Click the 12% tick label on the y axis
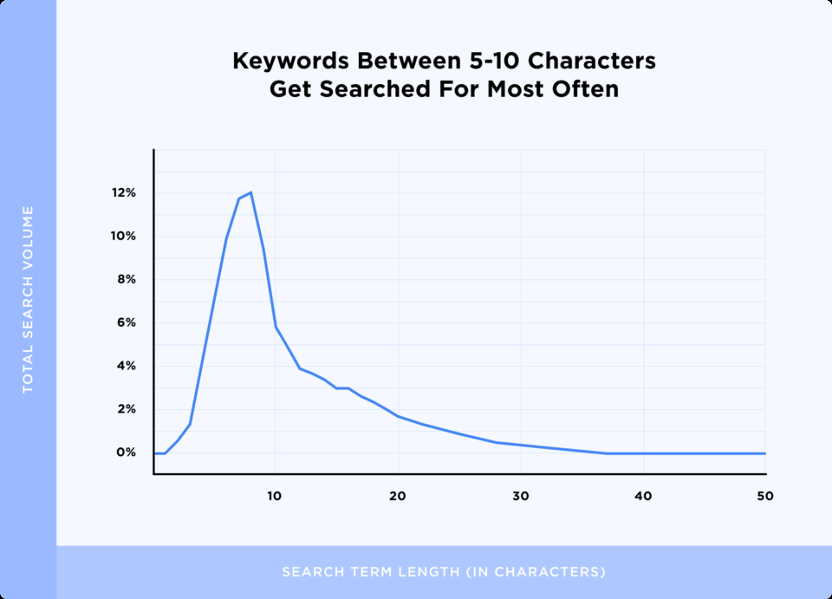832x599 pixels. tap(123, 193)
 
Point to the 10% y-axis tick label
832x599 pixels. tap(123, 237)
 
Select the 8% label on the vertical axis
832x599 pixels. tap(127, 280)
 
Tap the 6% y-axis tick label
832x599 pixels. tap(127, 323)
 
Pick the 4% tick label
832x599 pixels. tap(127, 367)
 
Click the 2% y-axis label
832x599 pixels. tap(127, 409)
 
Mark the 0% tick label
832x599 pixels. tap(127, 453)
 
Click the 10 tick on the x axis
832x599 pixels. tap(275, 496)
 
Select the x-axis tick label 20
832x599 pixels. tap(398, 496)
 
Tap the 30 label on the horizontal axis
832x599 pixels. tap(521, 496)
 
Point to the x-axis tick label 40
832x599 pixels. tap(643, 496)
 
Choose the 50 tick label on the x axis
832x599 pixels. tap(764, 496)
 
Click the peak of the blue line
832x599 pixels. tap(250, 192)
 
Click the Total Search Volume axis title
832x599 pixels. tap(28, 299)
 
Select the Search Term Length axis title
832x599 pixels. tap(444, 572)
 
